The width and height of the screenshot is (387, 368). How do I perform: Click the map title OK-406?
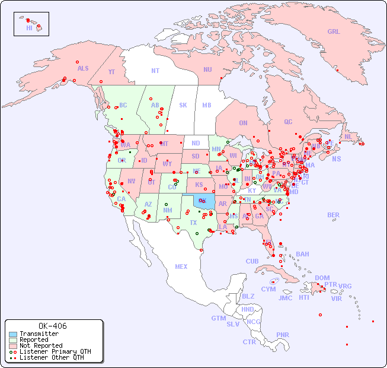click(x=52, y=326)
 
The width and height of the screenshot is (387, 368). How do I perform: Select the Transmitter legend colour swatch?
click(x=13, y=334)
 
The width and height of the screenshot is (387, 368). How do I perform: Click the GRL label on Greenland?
click(x=334, y=32)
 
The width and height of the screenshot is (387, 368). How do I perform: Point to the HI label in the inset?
click(x=29, y=28)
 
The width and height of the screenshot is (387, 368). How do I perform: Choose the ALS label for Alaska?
click(x=83, y=68)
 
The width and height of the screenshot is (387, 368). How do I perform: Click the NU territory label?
click(x=207, y=69)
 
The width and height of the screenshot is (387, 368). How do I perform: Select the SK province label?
click(x=183, y=105)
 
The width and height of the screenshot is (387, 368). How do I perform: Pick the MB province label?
click(x=207, y=105)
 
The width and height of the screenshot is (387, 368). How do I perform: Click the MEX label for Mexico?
click(x=181, y=267)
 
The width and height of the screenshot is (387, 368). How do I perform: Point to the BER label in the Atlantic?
click(x=334, y=215)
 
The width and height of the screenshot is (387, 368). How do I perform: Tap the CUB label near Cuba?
click(x=252, y=261)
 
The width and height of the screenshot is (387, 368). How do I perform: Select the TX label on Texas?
click(x=193, y=223)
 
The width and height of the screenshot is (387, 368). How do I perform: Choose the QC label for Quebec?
click(x=288, y=122)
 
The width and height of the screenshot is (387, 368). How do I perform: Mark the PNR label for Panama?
click(x=283, y=335)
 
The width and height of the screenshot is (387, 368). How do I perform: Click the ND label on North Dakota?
click(x=196, y=143)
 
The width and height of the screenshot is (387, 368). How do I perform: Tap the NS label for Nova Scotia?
click(x=336, y=158)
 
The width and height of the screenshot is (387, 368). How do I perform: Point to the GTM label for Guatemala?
click(x=218, y=318)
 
